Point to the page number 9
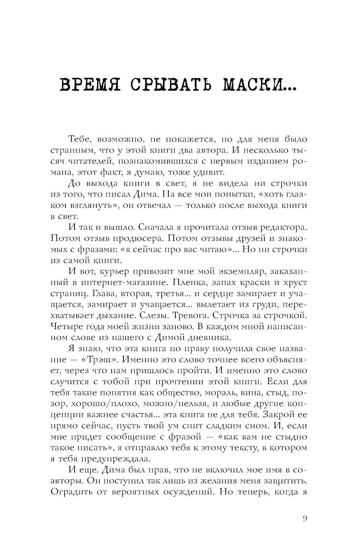click(305, 519)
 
